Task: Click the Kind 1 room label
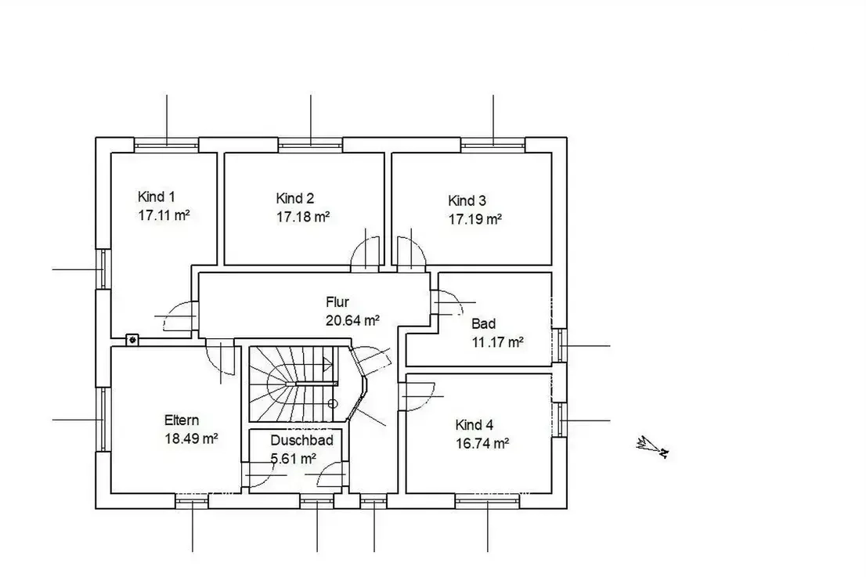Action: coord(157,197)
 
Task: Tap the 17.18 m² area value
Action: coord(303,217)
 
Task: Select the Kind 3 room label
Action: coord(467,200)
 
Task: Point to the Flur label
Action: coord(337,302)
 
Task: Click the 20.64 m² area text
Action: coord(352,320)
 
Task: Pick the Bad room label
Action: coord(484,323)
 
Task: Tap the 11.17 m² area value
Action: coord(498,342)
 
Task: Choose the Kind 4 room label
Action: coord(474,424)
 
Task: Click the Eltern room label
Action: coord(182,420)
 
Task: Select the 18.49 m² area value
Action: coord(191,438)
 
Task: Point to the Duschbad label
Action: coord(301,440)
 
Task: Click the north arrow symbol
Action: coord(653,447)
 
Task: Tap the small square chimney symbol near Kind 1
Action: coord(132,340)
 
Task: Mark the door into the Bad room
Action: coord(448,302)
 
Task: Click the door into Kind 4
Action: coord(418,396)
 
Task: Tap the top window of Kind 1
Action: coord(166,145)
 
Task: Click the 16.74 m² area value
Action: coord(482,443)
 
